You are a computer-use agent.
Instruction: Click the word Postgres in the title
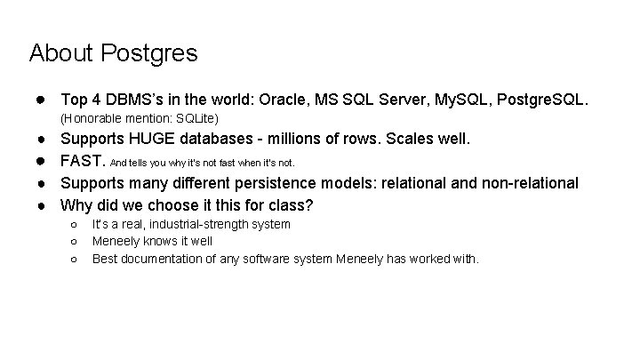(x=150, y=53)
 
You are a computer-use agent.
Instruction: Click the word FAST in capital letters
(x=82, y=162)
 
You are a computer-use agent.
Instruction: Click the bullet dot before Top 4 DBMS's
(x=42, y=96)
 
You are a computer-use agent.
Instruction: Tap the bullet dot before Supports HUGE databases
(x=42, y=140)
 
